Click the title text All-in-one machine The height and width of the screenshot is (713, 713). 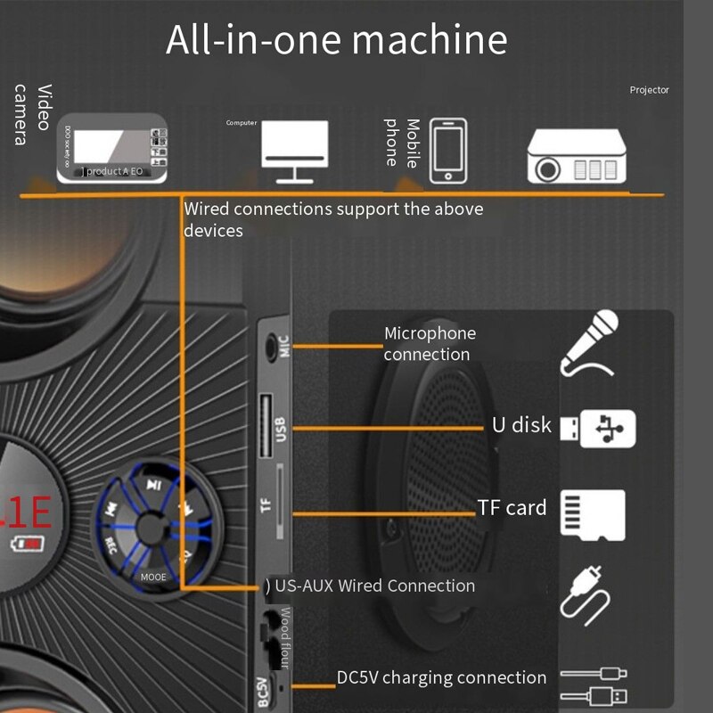[x=336, y=40]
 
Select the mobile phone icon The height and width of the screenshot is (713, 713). [x=447, y=152]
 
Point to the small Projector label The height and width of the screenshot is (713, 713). [x=649, y=90]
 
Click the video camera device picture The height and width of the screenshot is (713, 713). [x=112, y=149]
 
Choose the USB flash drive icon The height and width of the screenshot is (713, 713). [x=597, y=428]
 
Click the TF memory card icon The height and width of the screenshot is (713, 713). [x=593, y=514]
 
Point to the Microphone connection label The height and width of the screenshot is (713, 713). [x=430, y=344]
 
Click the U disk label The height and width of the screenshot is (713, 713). [x=521, y=425]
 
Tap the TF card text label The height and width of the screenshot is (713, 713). [x=512, y=508]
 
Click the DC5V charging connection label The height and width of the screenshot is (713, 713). [x=441, y=678]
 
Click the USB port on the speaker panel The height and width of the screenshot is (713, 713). [x=266, y=423]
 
